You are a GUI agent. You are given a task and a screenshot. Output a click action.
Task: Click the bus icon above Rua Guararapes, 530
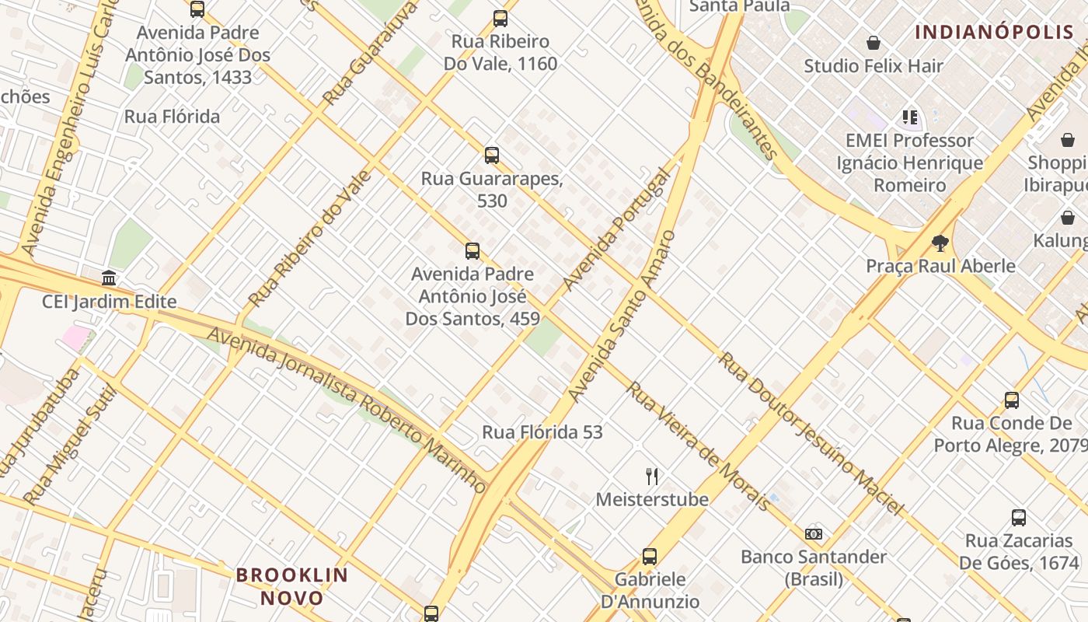491,155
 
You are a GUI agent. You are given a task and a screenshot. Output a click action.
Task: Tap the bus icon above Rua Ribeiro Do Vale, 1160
500,19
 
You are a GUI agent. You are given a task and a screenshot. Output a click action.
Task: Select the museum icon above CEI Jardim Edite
109,278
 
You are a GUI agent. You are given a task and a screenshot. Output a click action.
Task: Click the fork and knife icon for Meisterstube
652,476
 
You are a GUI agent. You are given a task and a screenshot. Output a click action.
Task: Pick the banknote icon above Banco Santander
814,534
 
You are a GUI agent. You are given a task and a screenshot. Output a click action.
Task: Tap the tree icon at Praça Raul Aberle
940,243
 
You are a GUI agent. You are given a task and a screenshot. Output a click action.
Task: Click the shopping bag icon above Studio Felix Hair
874,43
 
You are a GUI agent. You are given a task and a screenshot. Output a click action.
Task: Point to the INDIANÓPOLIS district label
994,32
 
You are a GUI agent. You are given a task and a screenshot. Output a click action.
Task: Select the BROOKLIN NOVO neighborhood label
292,586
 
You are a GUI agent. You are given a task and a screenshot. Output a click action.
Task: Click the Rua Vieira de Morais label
699,446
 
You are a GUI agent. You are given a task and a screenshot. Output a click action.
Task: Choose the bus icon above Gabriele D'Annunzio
650,557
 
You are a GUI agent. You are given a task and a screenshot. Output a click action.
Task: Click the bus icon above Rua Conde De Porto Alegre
1011,400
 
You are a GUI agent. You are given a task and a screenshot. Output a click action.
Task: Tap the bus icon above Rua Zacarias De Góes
1018,518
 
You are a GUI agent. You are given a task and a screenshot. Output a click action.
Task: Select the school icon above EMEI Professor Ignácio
910,118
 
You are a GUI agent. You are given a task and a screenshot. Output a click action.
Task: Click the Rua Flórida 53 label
542,432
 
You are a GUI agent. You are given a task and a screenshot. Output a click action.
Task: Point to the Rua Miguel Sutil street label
69,446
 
